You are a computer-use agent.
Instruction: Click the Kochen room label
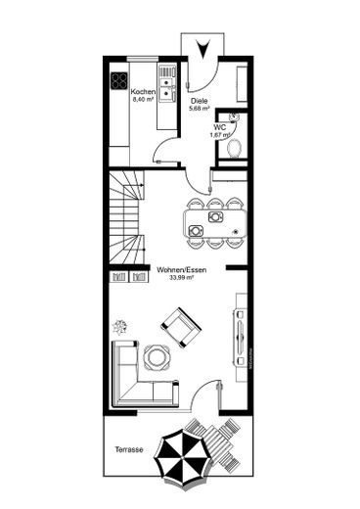coord(145,90)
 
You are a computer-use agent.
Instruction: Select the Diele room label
coord(199,101)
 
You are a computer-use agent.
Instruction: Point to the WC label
coord(221,126)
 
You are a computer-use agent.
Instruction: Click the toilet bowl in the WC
coord(234,147)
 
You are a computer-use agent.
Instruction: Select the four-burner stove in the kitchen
coord(120,79)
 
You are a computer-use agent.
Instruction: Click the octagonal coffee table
coord(155,356)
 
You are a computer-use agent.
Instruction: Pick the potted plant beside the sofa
coord(120,326)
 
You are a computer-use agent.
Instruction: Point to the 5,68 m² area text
coord(199,109)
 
